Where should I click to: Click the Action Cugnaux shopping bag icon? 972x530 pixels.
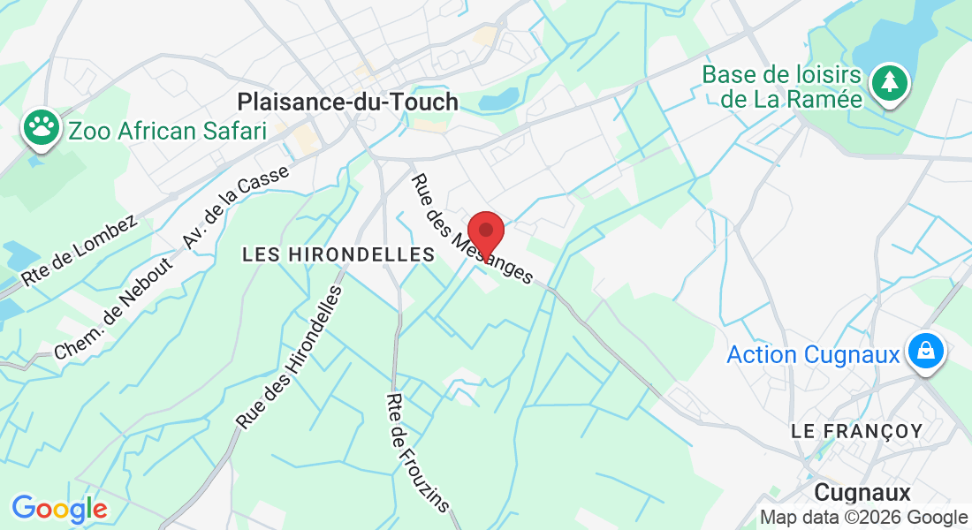pos(924,352)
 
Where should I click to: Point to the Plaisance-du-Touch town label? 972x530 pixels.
pos(348,102)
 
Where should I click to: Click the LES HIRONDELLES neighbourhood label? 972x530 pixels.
pos(338,254)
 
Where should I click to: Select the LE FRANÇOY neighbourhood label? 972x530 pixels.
pos(856,431)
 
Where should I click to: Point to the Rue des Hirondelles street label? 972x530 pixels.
pos(289,359)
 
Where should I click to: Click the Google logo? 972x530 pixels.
pos(59,509)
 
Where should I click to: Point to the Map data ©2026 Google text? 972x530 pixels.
pos(863,518)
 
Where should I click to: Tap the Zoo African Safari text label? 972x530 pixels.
pos(167,132)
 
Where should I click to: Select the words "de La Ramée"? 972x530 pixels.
pos(791,99)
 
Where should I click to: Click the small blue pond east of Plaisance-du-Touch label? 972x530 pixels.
pos(499,99)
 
